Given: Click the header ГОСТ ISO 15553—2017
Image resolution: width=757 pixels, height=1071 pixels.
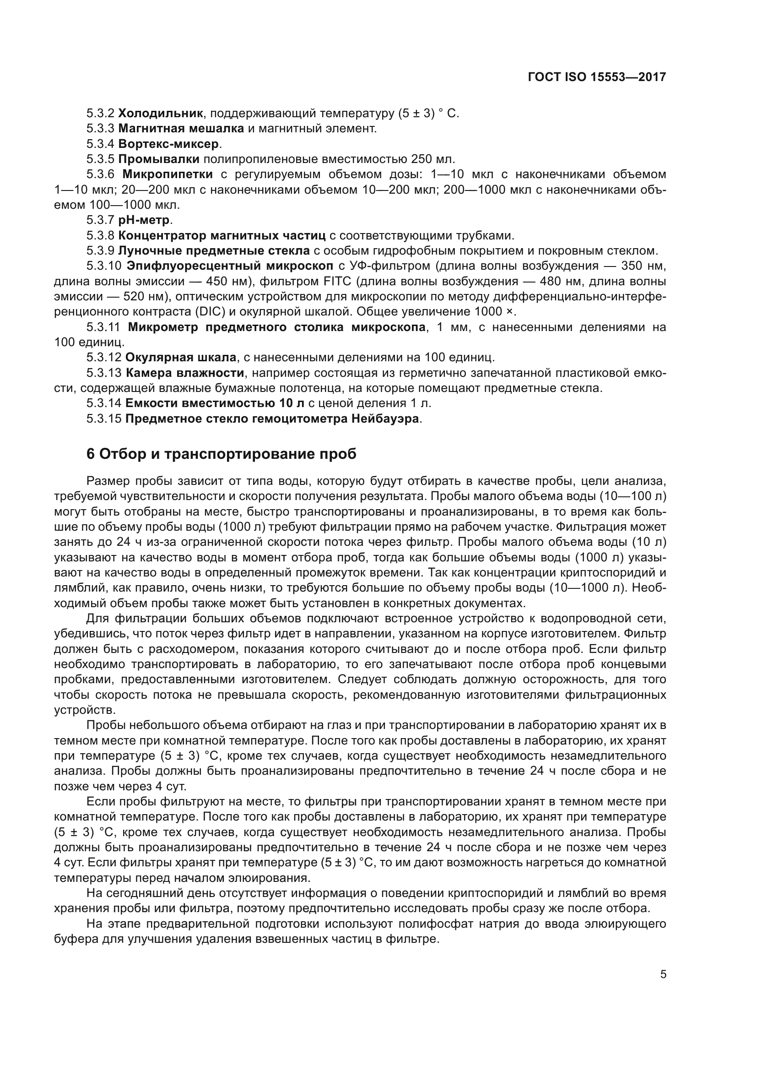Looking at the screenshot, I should (x=597, y=77).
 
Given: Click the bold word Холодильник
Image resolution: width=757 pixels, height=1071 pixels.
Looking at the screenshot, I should (x=160, y=113).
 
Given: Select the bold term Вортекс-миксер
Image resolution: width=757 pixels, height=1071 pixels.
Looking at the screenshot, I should (x=168, y=143).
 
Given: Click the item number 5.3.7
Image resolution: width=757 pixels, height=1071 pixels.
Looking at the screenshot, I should (x=100, y=220).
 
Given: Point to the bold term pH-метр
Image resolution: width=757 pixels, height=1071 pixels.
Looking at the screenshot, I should (x=145, y=220).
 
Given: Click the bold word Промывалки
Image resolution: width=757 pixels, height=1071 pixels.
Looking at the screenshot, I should (x=158, y=158).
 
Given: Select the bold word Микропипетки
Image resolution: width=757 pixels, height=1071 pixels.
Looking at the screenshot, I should (x=168, y=174).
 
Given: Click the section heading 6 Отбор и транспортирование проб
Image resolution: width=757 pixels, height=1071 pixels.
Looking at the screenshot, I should (x=222, y=454).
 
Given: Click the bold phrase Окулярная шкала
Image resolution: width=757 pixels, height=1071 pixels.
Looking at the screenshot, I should (x=180, y=357).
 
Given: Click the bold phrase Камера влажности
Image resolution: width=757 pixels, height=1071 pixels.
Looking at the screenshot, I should (x=184, y=373).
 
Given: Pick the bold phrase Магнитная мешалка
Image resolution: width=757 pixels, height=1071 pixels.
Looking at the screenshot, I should (x=181, y=128).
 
